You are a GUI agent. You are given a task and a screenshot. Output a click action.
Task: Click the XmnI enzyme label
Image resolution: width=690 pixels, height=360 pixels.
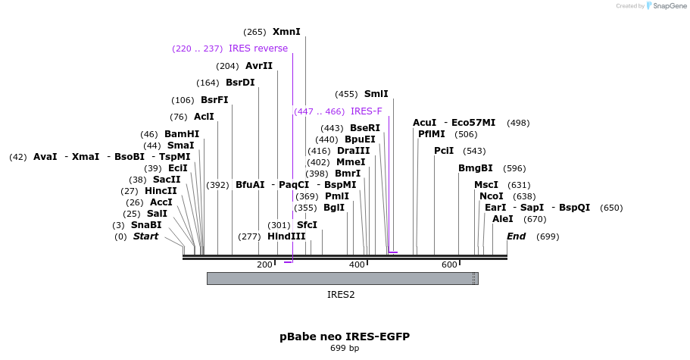click(x=286, y=32)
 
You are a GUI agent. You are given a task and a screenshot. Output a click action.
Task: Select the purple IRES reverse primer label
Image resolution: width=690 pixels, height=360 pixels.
click(x=258, y=49)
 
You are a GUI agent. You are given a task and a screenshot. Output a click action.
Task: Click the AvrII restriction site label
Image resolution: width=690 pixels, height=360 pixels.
click(x=259, y=66)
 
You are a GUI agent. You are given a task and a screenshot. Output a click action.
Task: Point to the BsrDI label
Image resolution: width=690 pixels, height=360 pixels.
click(x=240, y=83)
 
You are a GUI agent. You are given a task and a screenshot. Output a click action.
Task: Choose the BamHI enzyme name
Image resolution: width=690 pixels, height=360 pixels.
click(x=182, y=134)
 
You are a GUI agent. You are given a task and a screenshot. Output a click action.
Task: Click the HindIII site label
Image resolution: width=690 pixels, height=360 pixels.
click(x=286, y=236)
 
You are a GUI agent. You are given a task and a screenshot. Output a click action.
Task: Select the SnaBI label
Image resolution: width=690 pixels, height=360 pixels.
click(x=146, y=225)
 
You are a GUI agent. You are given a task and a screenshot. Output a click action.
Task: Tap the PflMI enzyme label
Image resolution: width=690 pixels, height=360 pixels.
click(x=432, y=134)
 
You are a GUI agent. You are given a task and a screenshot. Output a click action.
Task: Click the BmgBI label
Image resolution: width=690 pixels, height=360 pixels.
click(x=476, y=168)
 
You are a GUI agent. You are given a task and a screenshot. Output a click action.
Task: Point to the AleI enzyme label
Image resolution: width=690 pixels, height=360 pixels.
click(x=503, y=219)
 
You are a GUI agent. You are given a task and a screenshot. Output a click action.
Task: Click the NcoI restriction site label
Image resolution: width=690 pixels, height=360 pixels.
click(x=492, y=196)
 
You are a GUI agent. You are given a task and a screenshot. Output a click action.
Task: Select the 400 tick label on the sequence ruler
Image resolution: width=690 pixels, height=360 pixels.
click(x=357, y=265)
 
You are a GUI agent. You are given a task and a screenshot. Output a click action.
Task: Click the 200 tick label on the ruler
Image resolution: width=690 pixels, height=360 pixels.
click(x=264, y=265)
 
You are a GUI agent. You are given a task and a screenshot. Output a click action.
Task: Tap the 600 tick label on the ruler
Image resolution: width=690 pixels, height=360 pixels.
click(x=449, y=265)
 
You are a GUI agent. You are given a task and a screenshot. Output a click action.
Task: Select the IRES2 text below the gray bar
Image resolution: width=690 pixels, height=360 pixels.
click(x=341, y=295)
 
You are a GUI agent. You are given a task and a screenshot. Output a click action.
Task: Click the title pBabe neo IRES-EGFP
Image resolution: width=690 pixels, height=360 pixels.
click(x=345, y=336)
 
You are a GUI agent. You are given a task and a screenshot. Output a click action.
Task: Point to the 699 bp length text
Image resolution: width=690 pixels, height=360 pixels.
click(x=345, y=348)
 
